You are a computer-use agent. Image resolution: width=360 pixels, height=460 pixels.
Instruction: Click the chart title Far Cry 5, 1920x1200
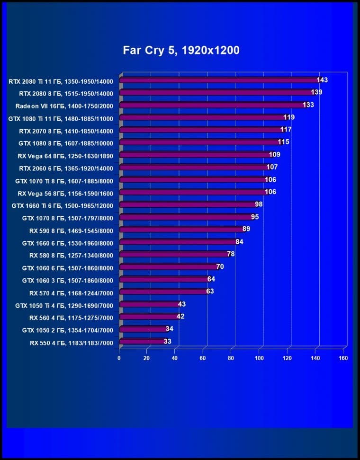click(181, 50)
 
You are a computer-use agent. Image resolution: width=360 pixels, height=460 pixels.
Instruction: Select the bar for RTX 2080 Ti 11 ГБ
click(218, 80)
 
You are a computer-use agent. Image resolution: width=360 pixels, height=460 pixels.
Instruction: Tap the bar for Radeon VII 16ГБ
click(211, 105)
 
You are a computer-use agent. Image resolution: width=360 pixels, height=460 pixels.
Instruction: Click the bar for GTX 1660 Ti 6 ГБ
click(187, 204)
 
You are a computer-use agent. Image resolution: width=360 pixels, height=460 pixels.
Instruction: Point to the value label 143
click(322, 80)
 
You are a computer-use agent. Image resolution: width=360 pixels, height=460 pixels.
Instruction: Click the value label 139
click(316, 92)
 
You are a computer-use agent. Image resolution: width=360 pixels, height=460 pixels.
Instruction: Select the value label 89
click(246, 229)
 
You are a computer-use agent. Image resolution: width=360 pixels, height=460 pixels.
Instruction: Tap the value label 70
click(220, 266)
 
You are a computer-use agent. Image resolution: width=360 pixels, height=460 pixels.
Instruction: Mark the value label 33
click(167, 341)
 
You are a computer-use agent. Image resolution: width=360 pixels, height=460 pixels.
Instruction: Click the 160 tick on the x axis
click(343, 358)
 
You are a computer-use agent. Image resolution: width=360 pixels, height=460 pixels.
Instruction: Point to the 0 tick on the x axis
click(119, 358)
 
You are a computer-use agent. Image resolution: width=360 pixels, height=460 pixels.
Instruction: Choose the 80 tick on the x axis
click(232, 358)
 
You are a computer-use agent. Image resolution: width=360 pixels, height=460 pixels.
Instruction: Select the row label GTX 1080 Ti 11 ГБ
click(61, 118)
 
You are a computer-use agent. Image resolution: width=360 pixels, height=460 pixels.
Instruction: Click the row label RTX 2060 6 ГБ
click(66, 168)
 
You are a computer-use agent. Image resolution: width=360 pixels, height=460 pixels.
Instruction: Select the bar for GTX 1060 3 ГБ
click(163, 280)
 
